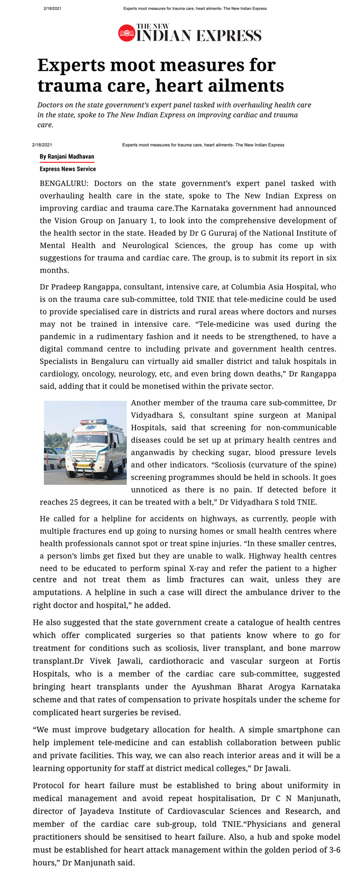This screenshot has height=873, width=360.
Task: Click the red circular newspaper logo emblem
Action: [x=126, y=33]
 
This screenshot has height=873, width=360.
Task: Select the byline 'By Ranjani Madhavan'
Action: [x=67, y=157]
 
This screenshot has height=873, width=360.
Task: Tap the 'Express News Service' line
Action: [x=68, y=169]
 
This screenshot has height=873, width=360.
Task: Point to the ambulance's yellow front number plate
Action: [x=83, y=466]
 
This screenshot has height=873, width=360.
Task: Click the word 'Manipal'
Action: [x=321, y=415]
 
